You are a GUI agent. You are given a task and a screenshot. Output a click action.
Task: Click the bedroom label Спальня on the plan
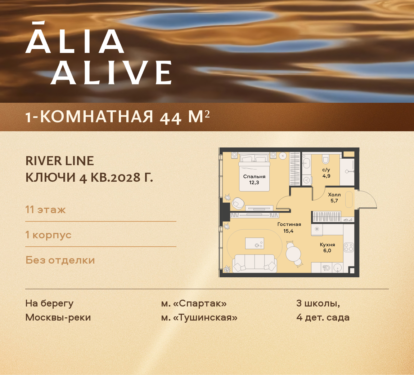pyautogui.click(x=254, y=176)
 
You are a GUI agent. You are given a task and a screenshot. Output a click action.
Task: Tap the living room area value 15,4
pyautogui.click(x=288, y=231)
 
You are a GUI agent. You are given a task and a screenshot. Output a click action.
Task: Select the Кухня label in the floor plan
pyautogui.click(x=327, y=244)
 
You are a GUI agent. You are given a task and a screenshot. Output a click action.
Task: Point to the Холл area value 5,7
pyautogui.click(x=334, y=201)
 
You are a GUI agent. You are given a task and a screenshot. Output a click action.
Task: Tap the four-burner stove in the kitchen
pyautogui.click(x=348, y=247)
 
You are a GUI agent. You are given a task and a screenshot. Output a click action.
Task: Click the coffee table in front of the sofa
pyautogui.click(x=255, y=243)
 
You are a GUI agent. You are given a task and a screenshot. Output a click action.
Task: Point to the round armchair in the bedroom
pyautogui.click(x=238, y=203)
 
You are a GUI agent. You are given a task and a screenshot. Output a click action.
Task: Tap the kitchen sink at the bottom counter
pyautogui.click(x=338, y=268)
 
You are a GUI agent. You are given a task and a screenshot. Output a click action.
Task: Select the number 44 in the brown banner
pyautogui.click(x=171, y=118)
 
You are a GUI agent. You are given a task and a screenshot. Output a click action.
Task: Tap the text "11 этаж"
pyautogui.click(x=46, y=209)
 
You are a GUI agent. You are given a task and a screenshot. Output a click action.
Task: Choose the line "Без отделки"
pyautogui.click(x=60, y=260)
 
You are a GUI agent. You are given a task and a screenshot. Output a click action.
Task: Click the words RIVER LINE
pyautogui.click(x=60, y=161)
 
